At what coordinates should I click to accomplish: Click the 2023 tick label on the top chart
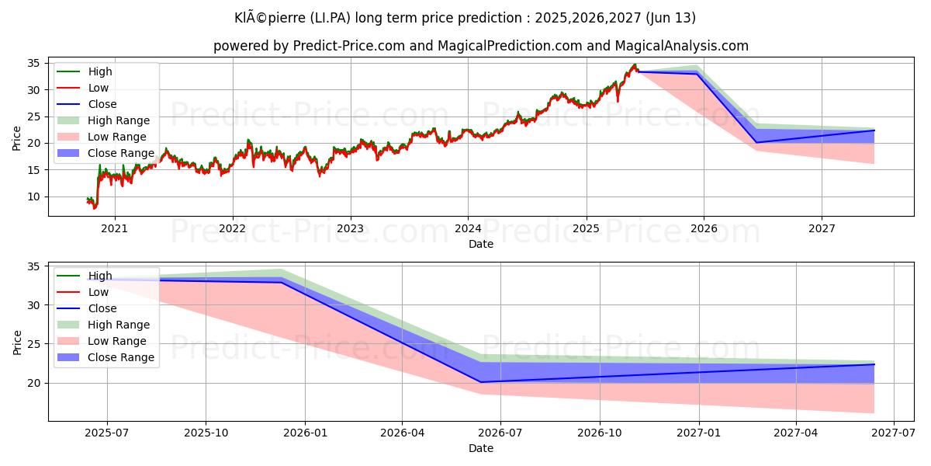coord(350,228)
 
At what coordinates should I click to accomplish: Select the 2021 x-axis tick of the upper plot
coord(115,228)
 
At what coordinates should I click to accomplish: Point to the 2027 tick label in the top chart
coord(822,228)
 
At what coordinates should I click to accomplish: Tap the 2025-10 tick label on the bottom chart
coord(206,433)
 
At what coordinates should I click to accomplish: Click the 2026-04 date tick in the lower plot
coord(402,433)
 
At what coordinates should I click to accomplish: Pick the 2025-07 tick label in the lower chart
coord(107,433)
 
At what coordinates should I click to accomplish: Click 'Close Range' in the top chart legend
coord(121,153)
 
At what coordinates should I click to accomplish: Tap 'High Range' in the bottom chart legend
coord(119,325)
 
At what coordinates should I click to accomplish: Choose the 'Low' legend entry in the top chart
coord(99,88)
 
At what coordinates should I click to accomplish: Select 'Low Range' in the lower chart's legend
coord(117,341)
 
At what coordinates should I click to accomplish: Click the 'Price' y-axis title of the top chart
coord(17,137)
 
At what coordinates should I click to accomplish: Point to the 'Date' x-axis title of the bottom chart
coord(481,448)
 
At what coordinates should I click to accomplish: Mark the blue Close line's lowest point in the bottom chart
coord(481,382)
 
